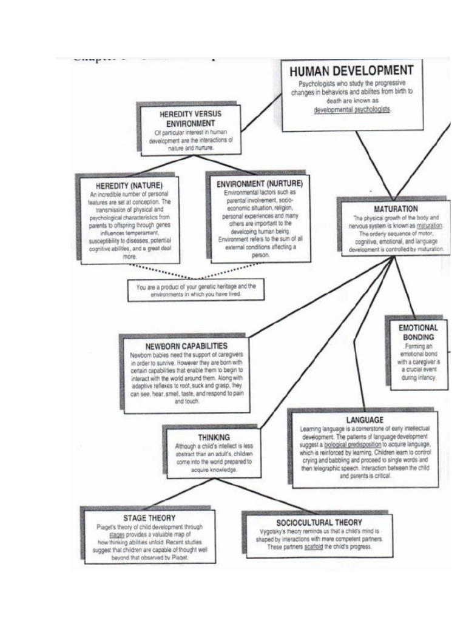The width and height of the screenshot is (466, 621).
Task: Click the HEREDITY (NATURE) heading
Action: point(129,184)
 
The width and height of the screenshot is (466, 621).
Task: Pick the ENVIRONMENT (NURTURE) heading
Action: point(259,183)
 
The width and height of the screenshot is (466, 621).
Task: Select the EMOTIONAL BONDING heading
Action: point(417,332)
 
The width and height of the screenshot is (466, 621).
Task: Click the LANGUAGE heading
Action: point(365,420)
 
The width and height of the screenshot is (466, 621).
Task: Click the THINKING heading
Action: point(214,437)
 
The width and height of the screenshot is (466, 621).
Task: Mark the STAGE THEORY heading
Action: point(149,518)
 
